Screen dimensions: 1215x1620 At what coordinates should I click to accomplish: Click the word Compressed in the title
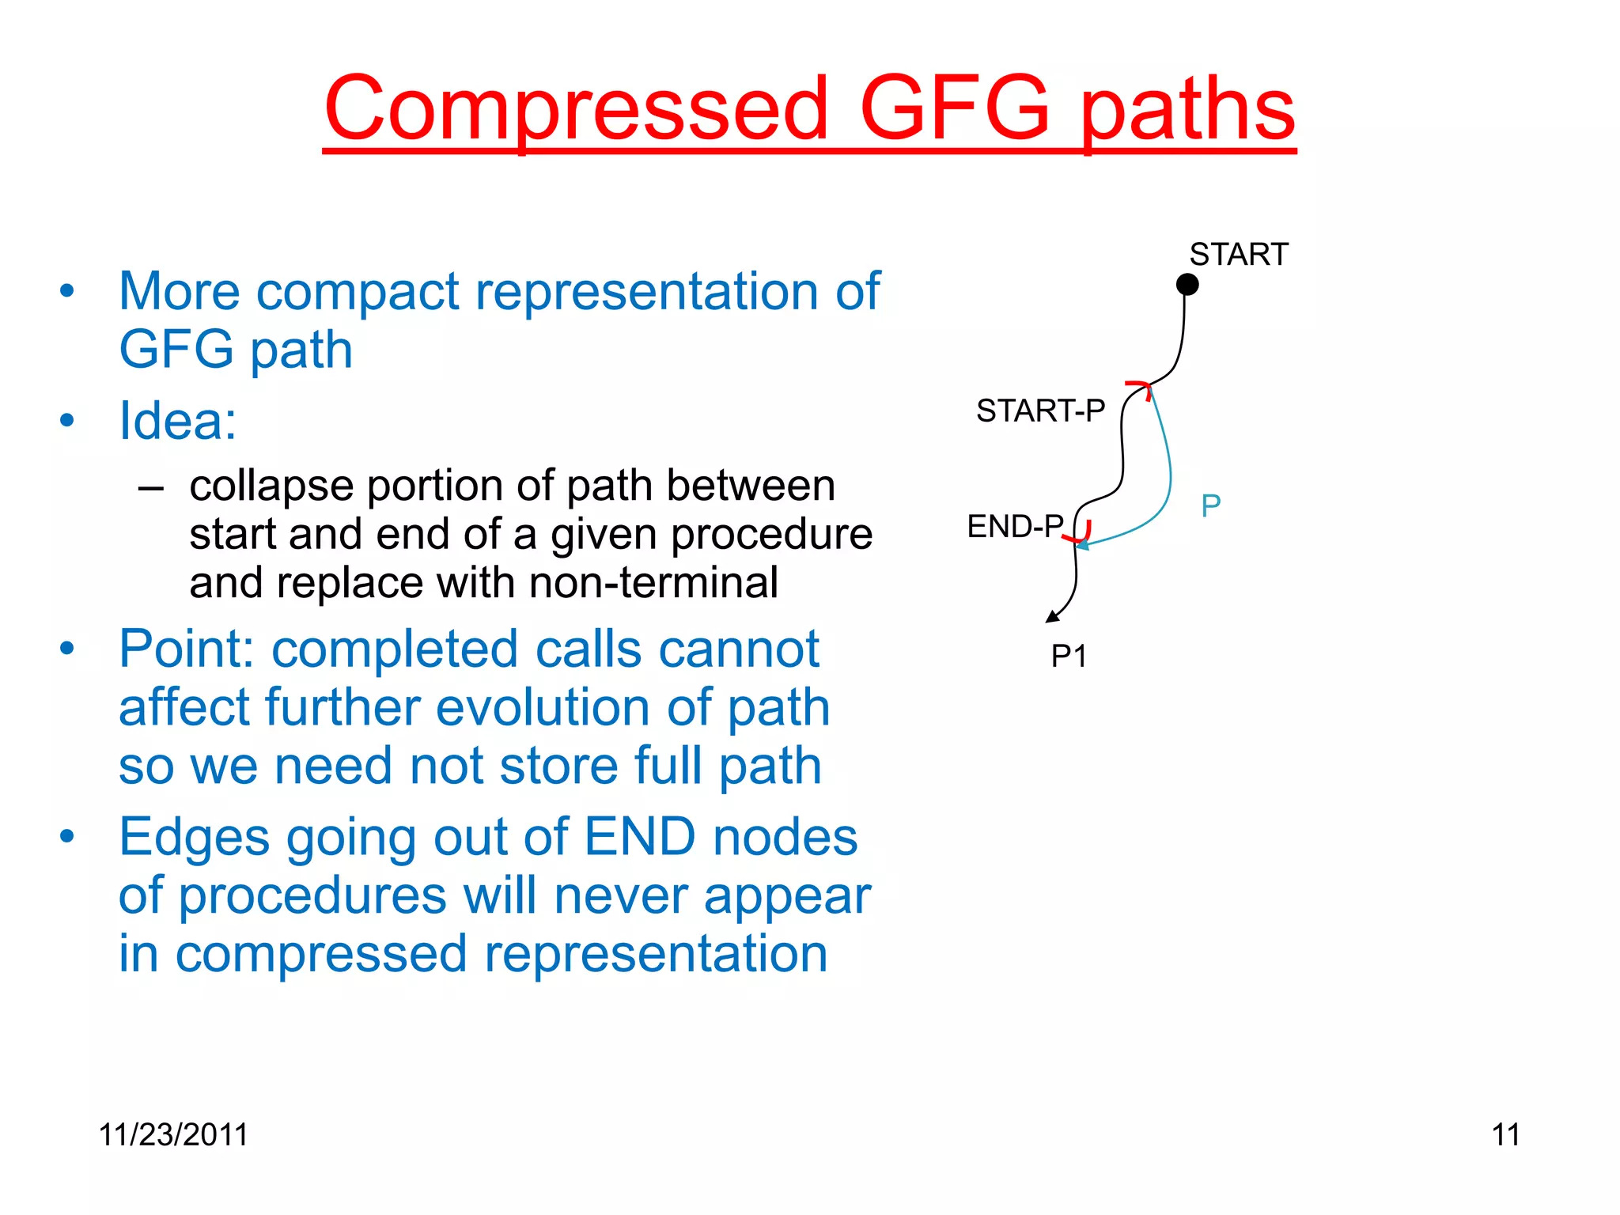click(576, 108)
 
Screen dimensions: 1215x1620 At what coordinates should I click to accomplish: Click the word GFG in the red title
click(955, 108)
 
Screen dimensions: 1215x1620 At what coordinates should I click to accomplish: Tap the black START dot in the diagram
click(1187, 284)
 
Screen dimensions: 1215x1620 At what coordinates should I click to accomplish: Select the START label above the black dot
click(1238, 255)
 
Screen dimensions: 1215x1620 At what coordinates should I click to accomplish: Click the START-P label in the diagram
click(1039, 411)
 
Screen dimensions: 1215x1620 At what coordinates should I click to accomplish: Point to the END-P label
click(1015, 526)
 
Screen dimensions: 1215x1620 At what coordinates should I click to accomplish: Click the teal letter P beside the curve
click(1210, 505)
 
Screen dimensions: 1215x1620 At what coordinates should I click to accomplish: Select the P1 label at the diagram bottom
click(1069, 656)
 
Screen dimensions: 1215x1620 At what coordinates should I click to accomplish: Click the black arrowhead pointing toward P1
click(1053, 617)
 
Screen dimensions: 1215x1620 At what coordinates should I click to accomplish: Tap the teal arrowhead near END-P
click(1082, 544)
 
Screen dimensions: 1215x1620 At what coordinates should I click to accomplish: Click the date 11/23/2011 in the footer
click(173, 1134)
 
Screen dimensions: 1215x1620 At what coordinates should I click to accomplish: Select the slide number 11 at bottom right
click(1505, 1134)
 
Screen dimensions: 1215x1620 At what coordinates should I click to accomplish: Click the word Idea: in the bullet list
click(177, 421)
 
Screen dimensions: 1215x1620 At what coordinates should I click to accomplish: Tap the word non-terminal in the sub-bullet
click(653, 583)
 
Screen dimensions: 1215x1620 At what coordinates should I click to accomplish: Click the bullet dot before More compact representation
click(67, 290)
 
